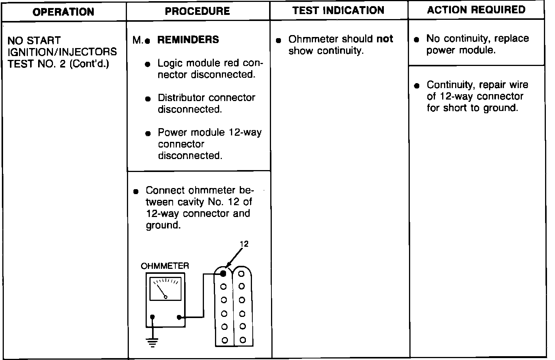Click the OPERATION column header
63,12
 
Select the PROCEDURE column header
197,11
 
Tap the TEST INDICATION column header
338,10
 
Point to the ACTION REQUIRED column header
476,10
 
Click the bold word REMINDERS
188,40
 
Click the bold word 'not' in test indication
385,39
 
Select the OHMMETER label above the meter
165,266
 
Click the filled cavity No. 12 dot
223,273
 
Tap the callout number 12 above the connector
244,244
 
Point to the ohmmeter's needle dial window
166,289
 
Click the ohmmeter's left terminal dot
152,317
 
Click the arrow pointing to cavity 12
234,258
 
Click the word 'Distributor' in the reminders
181,98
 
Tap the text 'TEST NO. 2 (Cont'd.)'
58,63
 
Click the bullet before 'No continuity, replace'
417,39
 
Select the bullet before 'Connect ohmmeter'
136,191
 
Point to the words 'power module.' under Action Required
461,50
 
